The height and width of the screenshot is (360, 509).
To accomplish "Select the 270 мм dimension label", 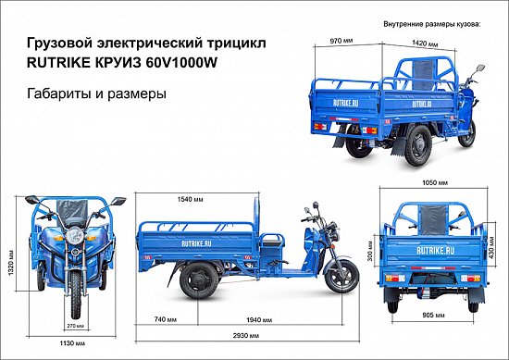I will pyautogui.click(x=73, y=325).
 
